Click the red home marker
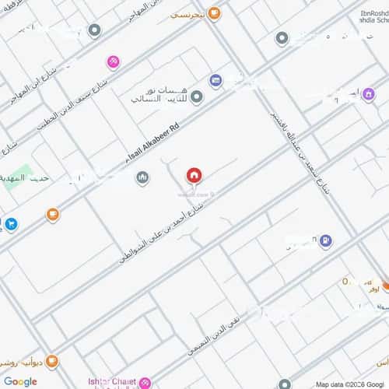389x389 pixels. click(194, 176)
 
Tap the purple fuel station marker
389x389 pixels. click(326, 241)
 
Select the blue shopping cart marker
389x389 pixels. click(11, 225)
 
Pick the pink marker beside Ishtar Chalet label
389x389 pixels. click(144, 382)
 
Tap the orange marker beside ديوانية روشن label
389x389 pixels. click(52, 361)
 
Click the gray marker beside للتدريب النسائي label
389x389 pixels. click(197, 97)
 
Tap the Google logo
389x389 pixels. click(19, 381)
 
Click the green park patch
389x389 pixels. click(23, 174)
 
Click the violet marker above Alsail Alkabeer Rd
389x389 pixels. click(216, 80)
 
